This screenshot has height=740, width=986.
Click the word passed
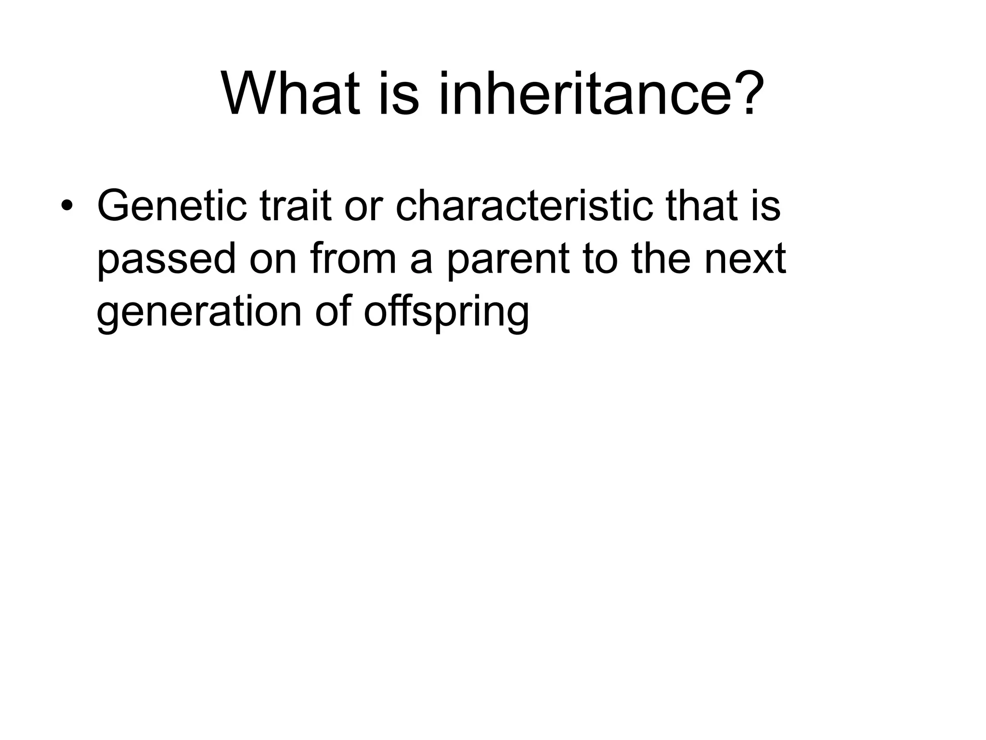(167, 260)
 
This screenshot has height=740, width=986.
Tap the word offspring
(446, 313)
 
